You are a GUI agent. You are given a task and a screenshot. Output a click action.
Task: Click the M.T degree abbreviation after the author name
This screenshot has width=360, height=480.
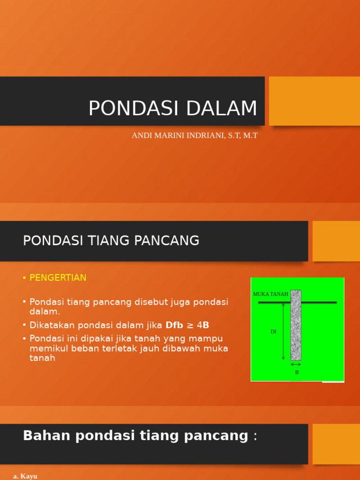coord(249,135)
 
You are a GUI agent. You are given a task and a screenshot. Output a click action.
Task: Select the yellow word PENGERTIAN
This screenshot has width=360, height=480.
coord(58,278)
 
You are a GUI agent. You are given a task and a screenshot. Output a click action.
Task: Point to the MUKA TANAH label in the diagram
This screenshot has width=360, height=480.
coord(270,294)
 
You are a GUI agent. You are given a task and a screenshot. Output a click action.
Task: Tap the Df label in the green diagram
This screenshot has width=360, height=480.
coord(273,331)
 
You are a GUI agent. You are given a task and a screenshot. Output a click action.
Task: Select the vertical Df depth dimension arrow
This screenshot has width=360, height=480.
coord(284,331)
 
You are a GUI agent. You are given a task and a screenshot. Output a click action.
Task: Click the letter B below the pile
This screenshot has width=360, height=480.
coord(297,372)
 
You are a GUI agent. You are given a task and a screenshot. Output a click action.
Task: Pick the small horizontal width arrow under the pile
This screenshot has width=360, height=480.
coord(296,364)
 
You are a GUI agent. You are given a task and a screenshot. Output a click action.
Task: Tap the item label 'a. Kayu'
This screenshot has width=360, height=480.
coord(25,476)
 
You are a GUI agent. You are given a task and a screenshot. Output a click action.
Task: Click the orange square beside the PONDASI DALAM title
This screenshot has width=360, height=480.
coord(314,101)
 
